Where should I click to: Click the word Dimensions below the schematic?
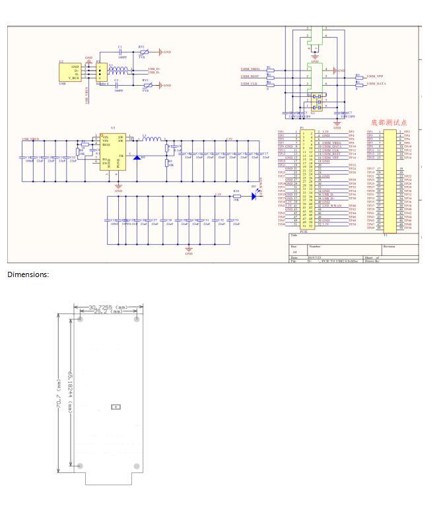pos(28,274)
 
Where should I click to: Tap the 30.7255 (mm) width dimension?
pos(108,307)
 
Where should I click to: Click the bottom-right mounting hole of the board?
pos(137,466)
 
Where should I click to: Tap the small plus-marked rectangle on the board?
pos(116,407)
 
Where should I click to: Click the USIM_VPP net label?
pos(375,77)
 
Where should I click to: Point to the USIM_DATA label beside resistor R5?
pos(376,84)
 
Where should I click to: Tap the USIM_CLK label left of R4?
pos(250,84)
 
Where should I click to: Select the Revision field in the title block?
pos(390,246)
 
